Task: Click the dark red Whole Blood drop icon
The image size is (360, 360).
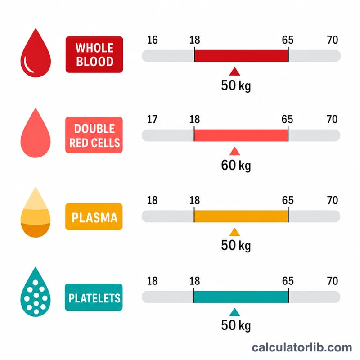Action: click(x=36, y=55)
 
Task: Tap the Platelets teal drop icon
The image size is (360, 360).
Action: click(x=36, y=294)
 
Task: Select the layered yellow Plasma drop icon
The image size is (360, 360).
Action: click(x=36, y=215)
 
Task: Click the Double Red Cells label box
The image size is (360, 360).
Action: click(x=94, y=135)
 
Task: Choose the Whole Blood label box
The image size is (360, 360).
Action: click(x=94, y=54)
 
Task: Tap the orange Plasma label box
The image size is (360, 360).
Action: click(x=94, y=217)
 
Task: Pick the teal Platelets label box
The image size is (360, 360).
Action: click(x=94, y=297)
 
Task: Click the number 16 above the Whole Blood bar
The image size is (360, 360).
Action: click(x=152, y=40)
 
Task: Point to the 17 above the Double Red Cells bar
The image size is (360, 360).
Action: click(x=152, y=119)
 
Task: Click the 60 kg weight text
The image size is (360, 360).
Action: click(x=236, y=165)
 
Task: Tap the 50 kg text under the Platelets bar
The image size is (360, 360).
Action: click(x=236, y=325)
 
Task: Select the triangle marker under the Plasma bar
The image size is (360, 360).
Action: click(x=234, y=232)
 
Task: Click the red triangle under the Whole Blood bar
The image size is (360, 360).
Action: click(x=234, y=72)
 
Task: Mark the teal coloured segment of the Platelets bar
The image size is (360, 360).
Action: click(x=241, y=297)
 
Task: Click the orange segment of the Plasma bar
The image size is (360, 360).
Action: click(x=241, y=216)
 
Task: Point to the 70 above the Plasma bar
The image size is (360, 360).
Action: click(x=333, y=200)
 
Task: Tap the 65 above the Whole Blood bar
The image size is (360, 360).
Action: click(x=288, y=40)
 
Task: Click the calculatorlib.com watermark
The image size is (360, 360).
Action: click(x=302, y=347)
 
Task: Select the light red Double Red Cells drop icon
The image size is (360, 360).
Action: click(x=36, y=133)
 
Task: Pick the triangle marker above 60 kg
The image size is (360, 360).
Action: click(x=234, y=151)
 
